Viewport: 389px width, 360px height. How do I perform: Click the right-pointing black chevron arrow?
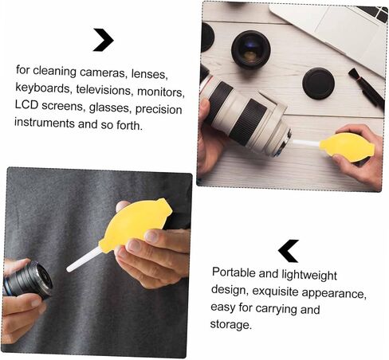coord(104,40)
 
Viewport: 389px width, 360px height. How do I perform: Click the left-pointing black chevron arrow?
coord(288,251)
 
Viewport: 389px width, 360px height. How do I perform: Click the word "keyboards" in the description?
coord(42,88)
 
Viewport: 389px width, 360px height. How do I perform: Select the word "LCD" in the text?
coord(26,104)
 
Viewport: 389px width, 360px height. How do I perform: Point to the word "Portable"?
coord(234,272)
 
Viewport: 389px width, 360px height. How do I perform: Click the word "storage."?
coord(230,324)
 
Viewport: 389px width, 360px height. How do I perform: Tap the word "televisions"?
coord(104,90)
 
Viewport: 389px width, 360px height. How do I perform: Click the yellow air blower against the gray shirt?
coord(135,223)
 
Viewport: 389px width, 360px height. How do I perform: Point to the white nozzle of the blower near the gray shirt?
coord(84,261)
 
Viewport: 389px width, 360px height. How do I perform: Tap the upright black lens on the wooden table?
coord(251,50)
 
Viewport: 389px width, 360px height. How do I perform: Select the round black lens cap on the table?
coord(318,84)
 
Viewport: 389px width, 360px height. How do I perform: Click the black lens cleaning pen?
coord(366,87)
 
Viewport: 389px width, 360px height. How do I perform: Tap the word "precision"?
coord(159,109)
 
